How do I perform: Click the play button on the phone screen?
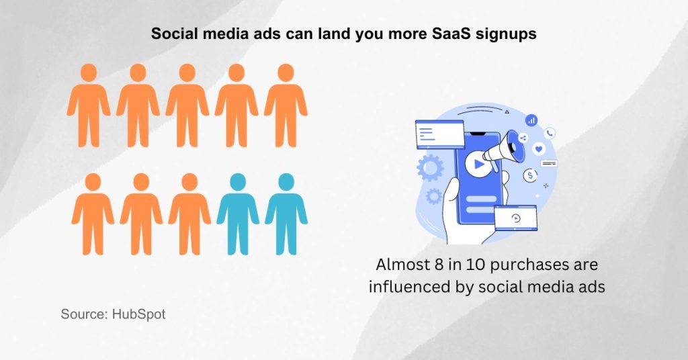[x=478, y=163]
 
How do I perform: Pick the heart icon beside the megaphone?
[x=539, y=148]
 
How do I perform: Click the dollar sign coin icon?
[x=531, y=175]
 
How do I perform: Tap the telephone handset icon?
[x=550, y=133]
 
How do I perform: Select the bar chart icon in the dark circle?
[x=531, y=120]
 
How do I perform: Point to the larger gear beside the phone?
[x=430, y=167]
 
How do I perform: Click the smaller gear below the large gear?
[x=433, y=195]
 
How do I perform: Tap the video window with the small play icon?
[x=515, y=218]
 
